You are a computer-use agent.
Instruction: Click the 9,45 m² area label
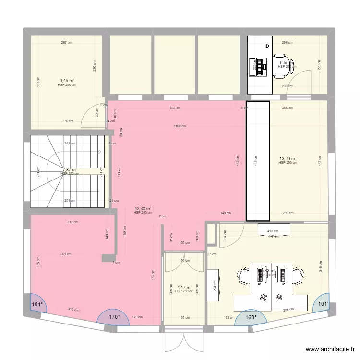(67, 81)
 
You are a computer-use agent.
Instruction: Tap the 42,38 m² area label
(143, 208)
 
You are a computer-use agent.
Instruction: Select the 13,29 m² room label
(288, 158)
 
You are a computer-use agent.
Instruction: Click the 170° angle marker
(114, 317)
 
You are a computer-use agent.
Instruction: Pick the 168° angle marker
(251, 317)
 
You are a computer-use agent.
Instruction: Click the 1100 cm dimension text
(180, 126)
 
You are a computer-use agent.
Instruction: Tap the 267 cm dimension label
(66, 43)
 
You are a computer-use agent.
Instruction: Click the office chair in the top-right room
(282, 63)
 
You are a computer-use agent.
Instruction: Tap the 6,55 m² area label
(287, 62)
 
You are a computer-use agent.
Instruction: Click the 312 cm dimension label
(73, 222)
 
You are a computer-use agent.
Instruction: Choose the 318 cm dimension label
(320, 265)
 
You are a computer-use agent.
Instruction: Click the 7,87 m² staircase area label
(70, 169)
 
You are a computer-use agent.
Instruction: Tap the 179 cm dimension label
(138, 317)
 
